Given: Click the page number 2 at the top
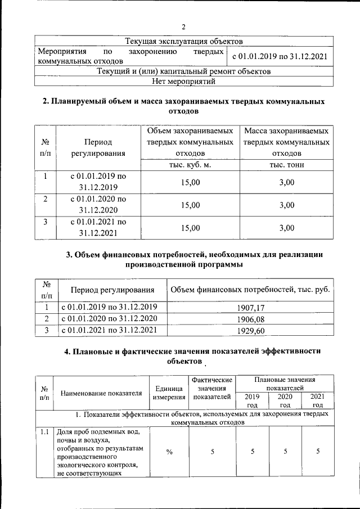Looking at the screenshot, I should (183, 27).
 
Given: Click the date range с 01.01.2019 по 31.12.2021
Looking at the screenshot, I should (279, 56).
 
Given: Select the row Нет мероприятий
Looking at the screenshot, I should (183, 81).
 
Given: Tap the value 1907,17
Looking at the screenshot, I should (252, 308).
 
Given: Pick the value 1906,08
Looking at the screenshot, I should (252, 319).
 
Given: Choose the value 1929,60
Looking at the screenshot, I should (252, 330).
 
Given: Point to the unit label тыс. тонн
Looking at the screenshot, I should (286, 165).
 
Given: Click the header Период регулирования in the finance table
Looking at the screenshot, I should (112, 290).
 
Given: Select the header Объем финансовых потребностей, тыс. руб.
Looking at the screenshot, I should (250, 290).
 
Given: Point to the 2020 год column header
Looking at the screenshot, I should (285, 400).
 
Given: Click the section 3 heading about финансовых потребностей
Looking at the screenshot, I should (195, 259).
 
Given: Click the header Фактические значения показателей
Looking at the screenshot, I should (211, 388).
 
